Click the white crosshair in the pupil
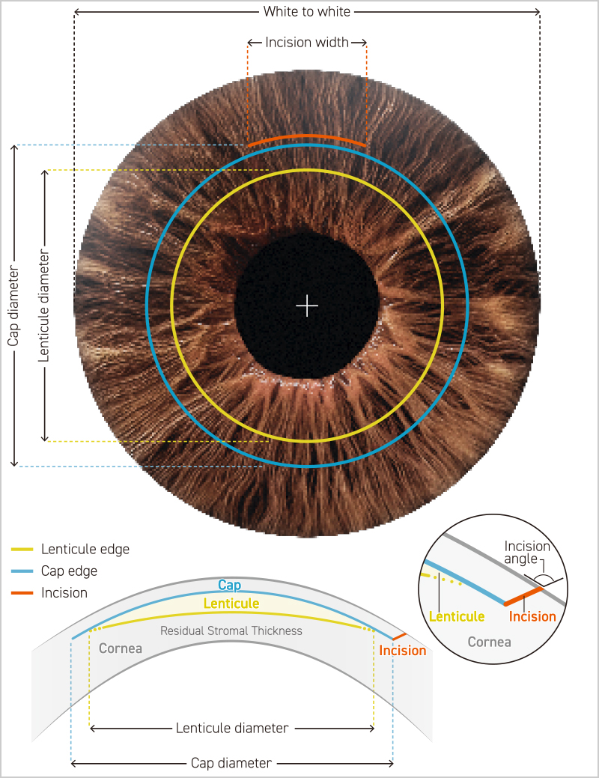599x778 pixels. pos(307,305)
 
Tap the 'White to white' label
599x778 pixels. pos(307,12)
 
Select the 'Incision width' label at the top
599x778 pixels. pos(307,43)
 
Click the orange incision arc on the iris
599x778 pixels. pos(307,136)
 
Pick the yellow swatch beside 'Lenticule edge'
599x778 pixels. pos(22,550)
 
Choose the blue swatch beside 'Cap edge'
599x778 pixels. pos(22,571)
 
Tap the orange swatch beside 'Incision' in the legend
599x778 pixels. pos(22,593)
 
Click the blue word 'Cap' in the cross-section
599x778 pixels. pos(229,586)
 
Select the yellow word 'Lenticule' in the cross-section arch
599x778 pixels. pos(231,604)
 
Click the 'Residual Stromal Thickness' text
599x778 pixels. pos(231,631)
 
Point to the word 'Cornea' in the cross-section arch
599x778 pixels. pos(120,648)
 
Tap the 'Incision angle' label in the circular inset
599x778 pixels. pos(527,553)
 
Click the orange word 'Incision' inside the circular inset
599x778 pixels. pos(532,617)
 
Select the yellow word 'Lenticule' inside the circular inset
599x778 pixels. pos(457,617)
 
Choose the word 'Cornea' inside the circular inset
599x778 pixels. pos(489,642)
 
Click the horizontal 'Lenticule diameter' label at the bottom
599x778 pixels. pos(231,728)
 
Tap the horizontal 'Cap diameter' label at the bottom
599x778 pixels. pos(231,763)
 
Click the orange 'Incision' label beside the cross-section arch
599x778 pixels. pos(402,651)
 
